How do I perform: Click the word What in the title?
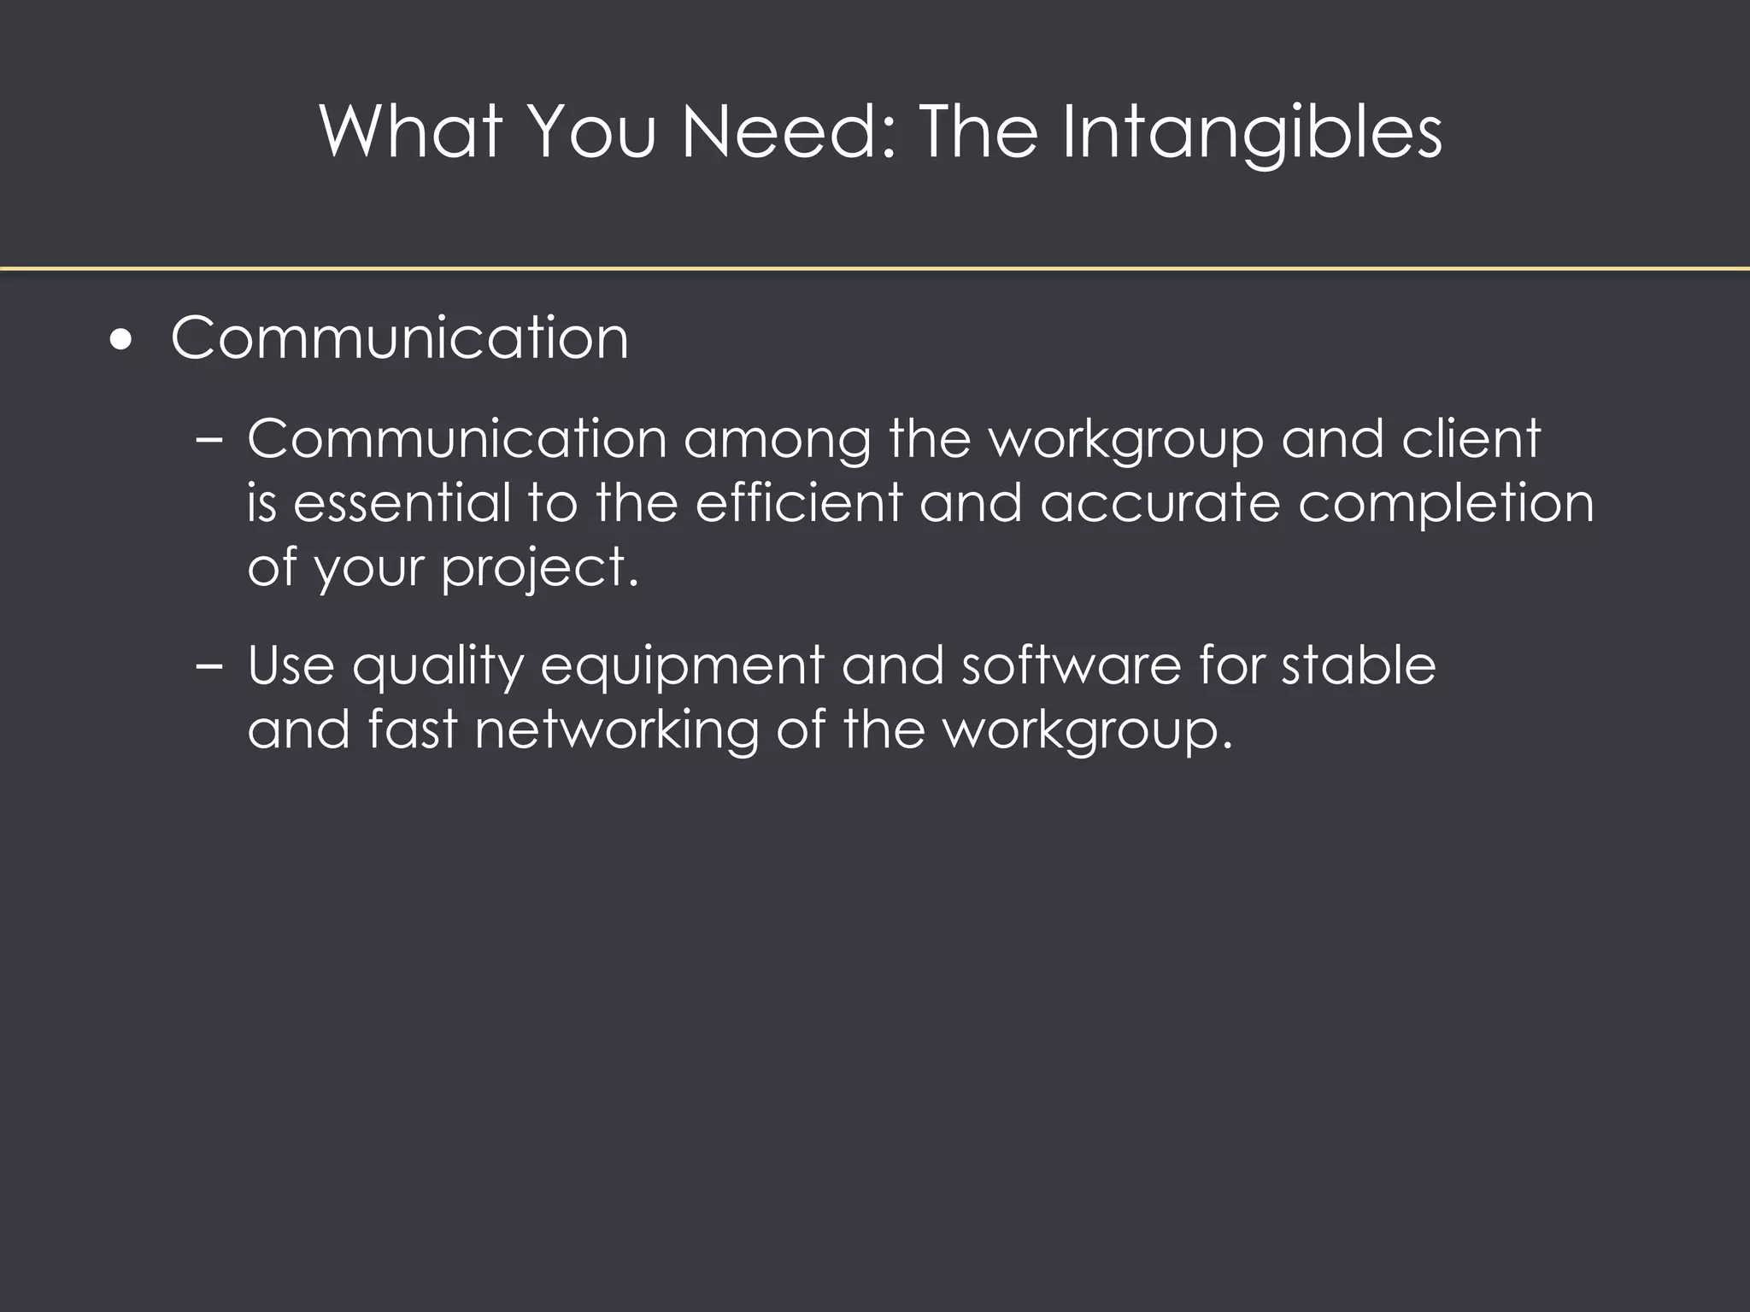pos(411,132)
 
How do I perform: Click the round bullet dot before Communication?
pos(122,340)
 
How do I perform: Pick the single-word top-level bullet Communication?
pos(399,338)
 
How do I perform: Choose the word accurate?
pos(1160,504)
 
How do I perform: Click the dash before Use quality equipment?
pos(208,666)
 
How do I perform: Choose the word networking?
pos(616,731)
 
